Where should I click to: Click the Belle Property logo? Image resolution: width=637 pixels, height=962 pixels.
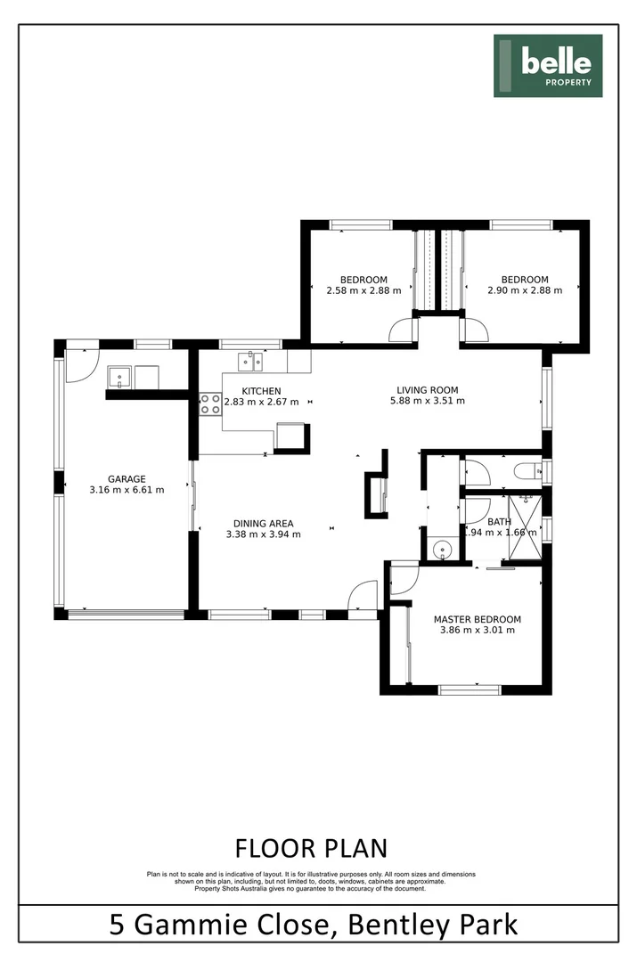[549, 66]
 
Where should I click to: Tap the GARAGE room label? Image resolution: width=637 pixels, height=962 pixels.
[127, 478]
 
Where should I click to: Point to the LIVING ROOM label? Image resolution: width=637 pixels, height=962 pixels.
[428, 389]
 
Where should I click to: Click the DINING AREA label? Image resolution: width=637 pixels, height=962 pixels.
[263, 523]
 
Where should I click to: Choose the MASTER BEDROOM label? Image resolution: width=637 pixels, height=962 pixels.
[477, 619]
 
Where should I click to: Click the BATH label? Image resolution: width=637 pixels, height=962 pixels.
[499, 521]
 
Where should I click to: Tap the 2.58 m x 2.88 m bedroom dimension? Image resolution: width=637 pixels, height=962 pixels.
[363, 290]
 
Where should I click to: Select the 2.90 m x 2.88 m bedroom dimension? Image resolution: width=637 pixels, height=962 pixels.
[525, 290]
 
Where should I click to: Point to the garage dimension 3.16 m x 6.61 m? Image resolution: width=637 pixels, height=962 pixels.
[127, 490]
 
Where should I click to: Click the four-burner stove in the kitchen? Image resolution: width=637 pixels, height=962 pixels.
[210, 404]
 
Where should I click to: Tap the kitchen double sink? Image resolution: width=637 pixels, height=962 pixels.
[249, 362]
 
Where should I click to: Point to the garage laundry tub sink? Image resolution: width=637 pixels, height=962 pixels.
[121, 377]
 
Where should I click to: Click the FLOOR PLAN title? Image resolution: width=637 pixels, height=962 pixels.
[311, 846]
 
